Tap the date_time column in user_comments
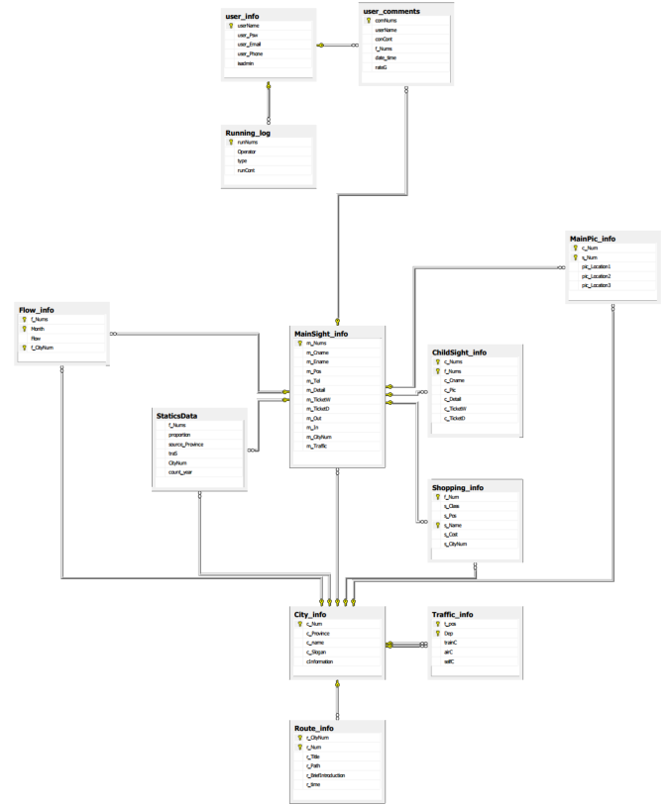click(x=386, y=57)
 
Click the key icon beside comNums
click(x=368, y=20)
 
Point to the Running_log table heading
click(x=248, y=132)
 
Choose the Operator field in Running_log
click(x=246, y=151)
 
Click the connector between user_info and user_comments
click(x=338, y=45)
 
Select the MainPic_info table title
click(x=593, y=239)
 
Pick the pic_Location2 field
click(x=597, y=276)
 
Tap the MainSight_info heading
click(x=321, y=334)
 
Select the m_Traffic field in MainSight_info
click(x=317, y=447)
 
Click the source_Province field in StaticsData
click(x=185, y=444)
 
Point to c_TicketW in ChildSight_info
click(x=456, y=409)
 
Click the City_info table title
click(x=310, y=614)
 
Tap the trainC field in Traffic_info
click(x=451, y=643)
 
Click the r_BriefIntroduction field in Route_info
click(x=326, y=775)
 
